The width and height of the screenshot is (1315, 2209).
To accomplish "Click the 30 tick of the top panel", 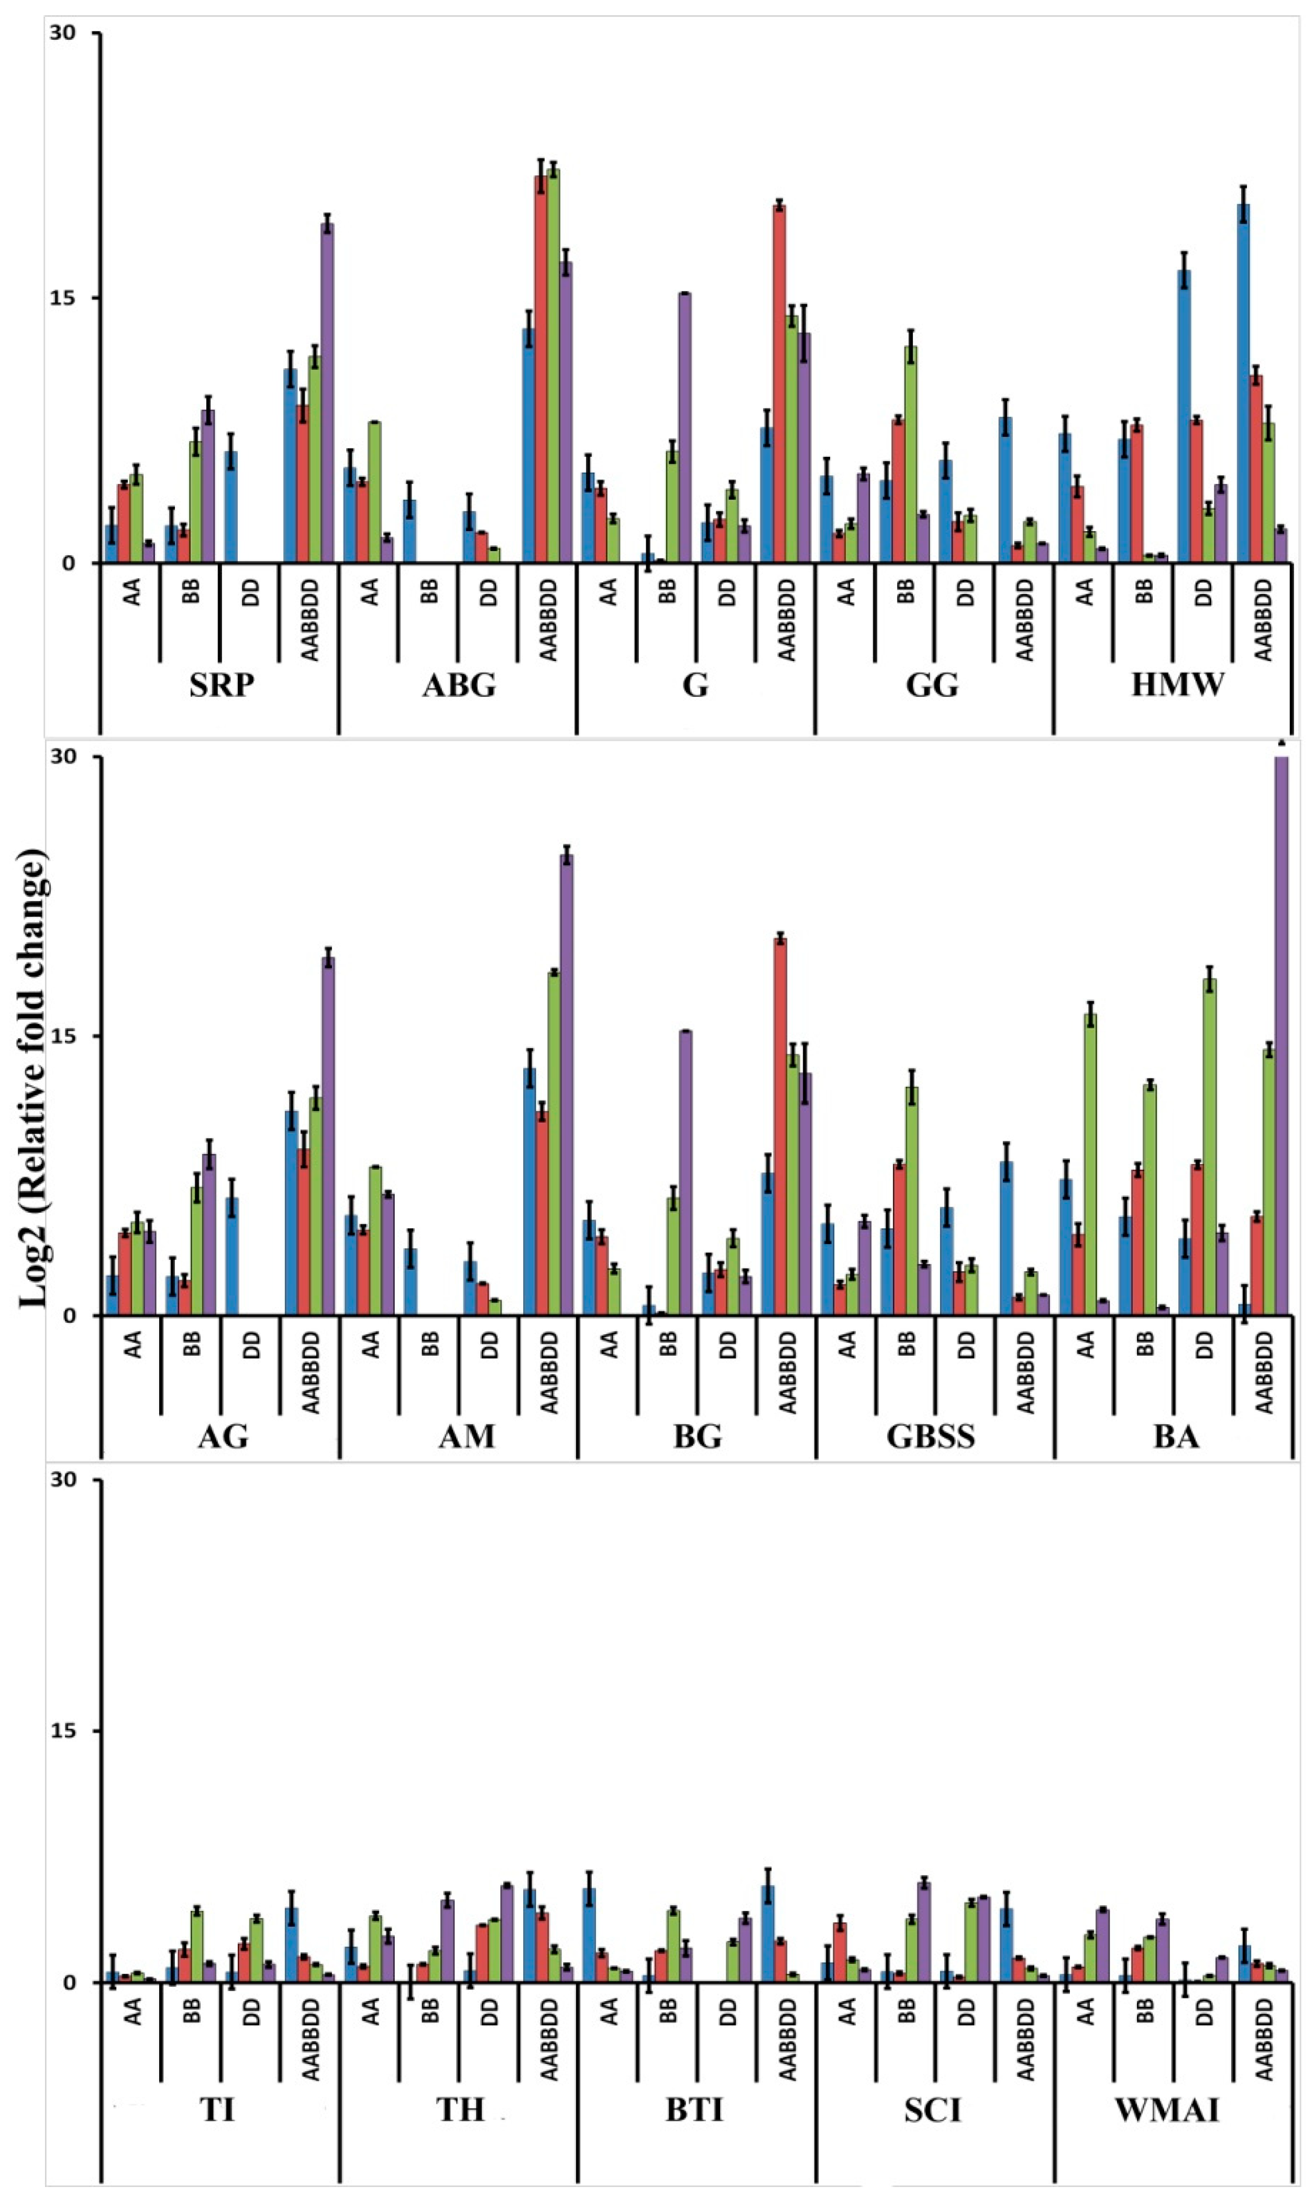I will pyautogui.click(x=62, y=33).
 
